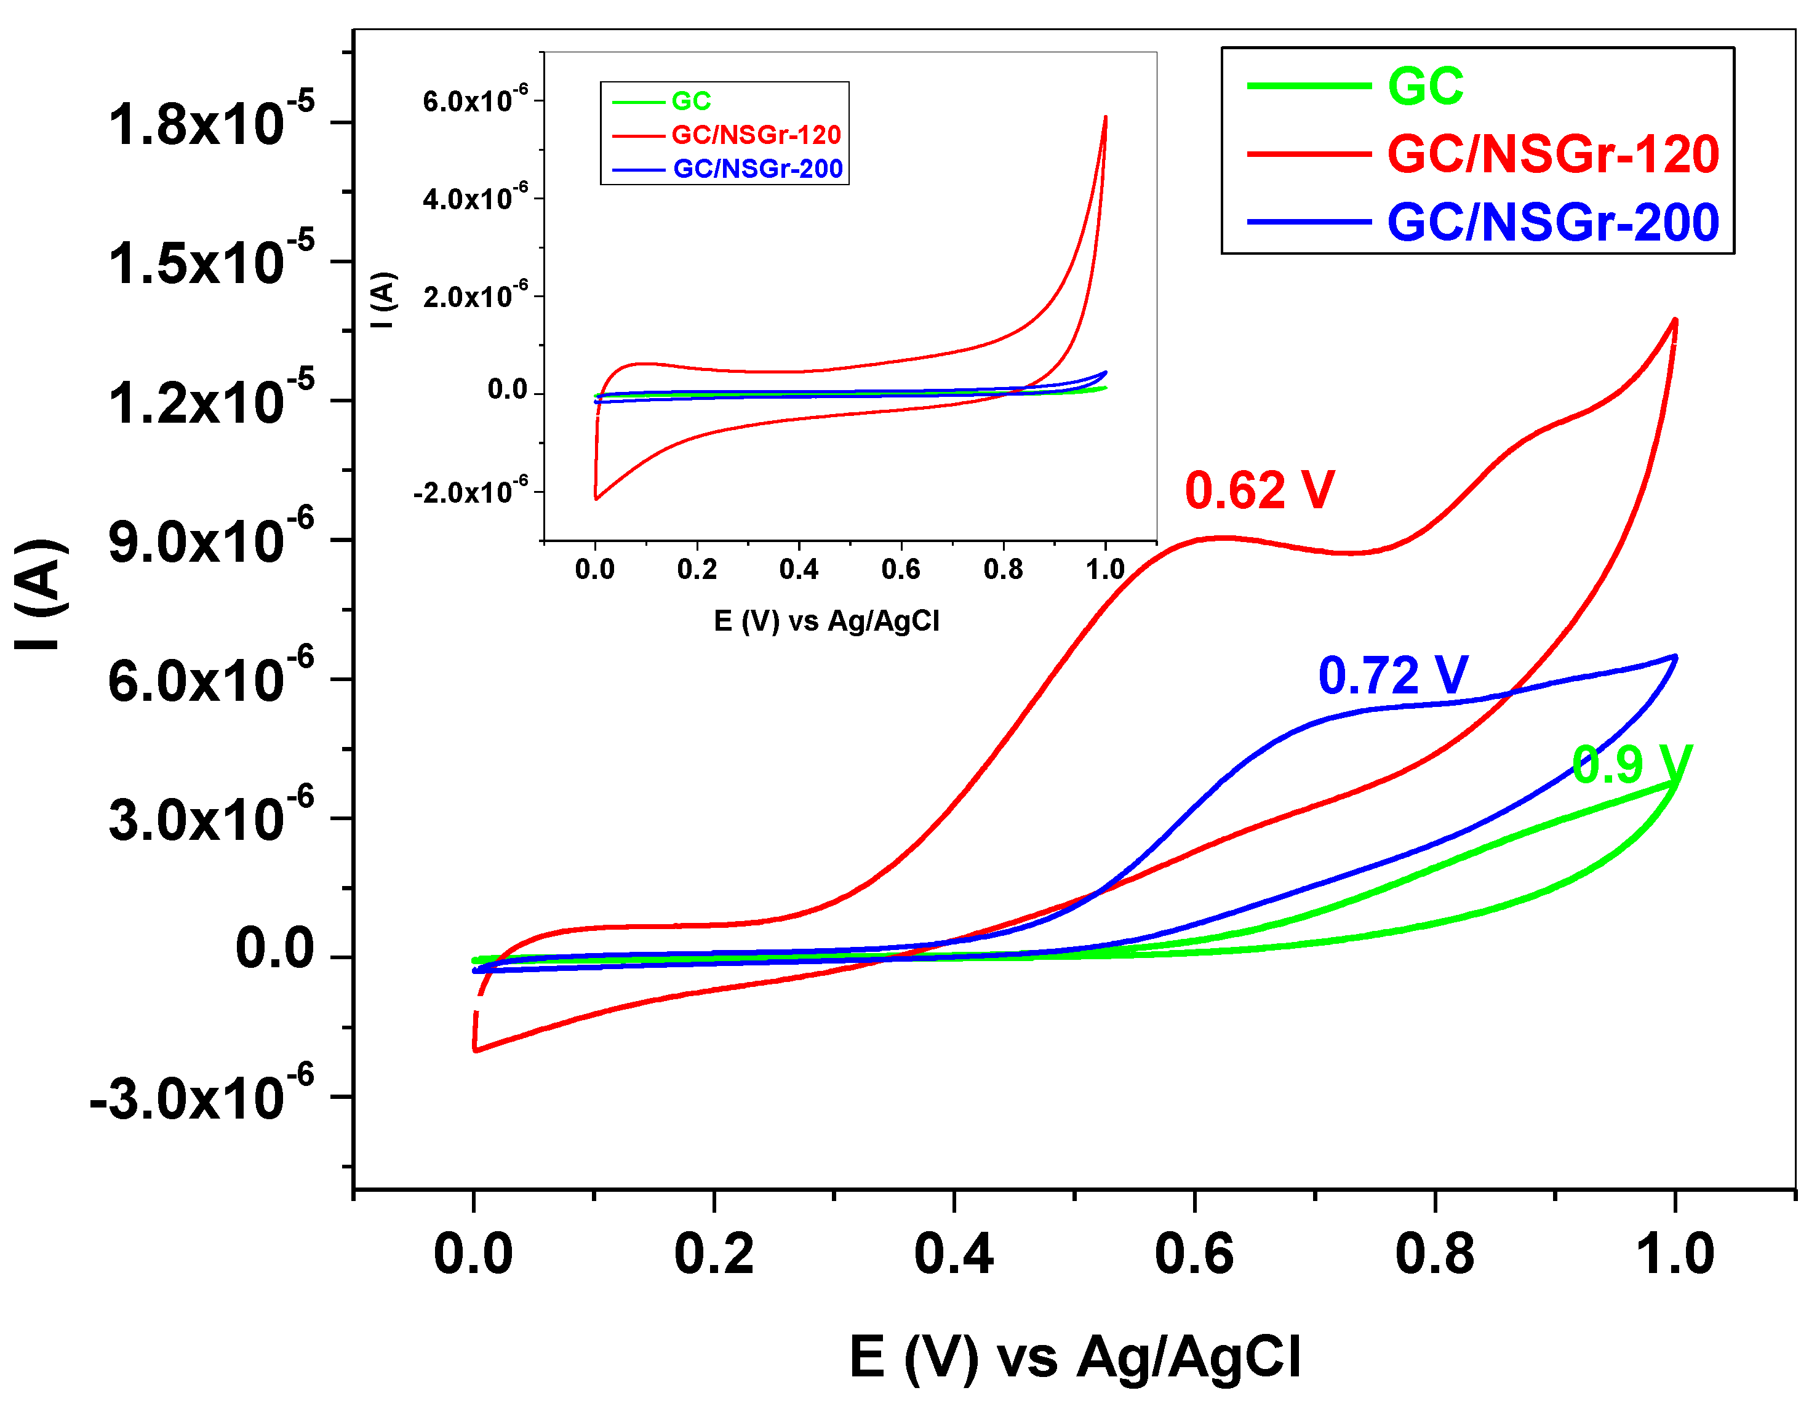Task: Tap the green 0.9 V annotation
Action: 1631,765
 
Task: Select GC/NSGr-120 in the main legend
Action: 1552,154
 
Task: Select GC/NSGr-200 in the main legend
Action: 1552,223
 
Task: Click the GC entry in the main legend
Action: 1425,87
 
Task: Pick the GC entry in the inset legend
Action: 690,102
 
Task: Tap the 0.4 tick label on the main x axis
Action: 954,1254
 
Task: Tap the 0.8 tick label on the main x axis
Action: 1434,1254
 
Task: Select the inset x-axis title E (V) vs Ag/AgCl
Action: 826,621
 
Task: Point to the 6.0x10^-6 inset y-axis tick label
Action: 475,101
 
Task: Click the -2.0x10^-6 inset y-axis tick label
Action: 470,492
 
